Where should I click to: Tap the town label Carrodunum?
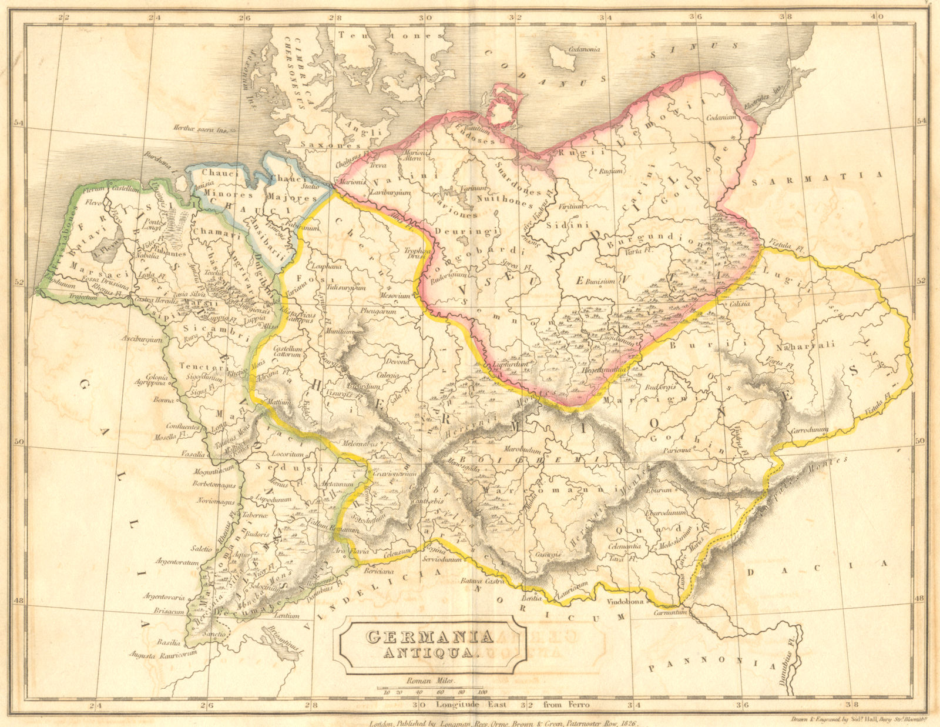click(x=809, y=430)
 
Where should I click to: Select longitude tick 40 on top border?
click(x=876, y=17)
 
